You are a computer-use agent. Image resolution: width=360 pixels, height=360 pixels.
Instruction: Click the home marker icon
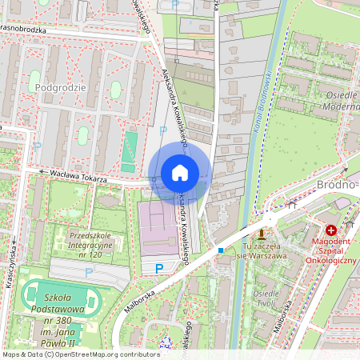pyautogui.click(x=180, y=173)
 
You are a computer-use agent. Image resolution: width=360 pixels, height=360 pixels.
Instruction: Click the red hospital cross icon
pyautogui.click(x=331, y=230)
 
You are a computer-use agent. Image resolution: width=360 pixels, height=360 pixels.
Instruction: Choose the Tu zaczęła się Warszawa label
pyautogui.click(x=261, y=250)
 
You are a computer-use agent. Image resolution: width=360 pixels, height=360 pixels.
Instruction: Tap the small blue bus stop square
pyautogui.click(x=221, y=250)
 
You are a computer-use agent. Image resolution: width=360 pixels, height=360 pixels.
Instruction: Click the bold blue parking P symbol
pyautogui.click(x=158, y=268)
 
